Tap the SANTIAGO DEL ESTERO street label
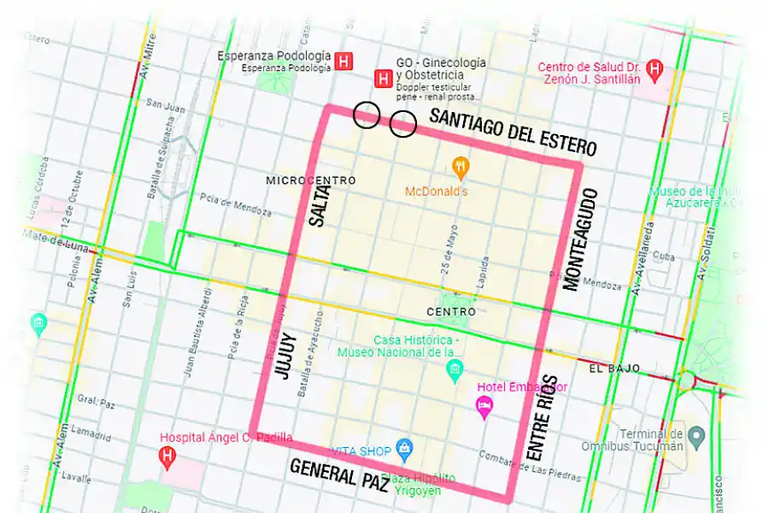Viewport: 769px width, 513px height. [513, 133]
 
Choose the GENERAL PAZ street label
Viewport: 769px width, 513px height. [339, 475]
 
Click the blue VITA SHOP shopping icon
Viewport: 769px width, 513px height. [405, 450]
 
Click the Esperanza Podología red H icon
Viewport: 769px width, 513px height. [344, 61]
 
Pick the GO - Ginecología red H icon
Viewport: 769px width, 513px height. [384, 79]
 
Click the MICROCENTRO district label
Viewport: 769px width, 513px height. [310, 180]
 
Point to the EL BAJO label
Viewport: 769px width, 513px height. [614, 368]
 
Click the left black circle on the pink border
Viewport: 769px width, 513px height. [367, 115]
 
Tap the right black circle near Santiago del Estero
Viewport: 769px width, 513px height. [402, 125]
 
